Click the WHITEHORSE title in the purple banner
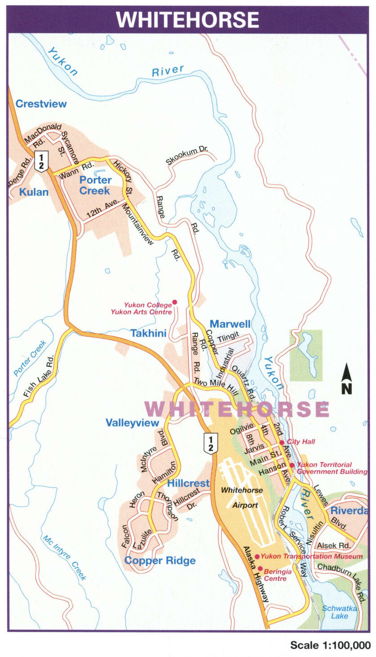[187, 19]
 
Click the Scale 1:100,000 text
[330, 645]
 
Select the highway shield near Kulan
[41, 161]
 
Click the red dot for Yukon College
[175, 302]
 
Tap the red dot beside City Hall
[282, 442]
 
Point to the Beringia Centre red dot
[260, 568]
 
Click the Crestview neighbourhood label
[41, 104]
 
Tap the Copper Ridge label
[160, 561]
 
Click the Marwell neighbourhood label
[230, 324]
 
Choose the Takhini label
[148, 333]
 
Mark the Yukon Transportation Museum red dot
[257, 556]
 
